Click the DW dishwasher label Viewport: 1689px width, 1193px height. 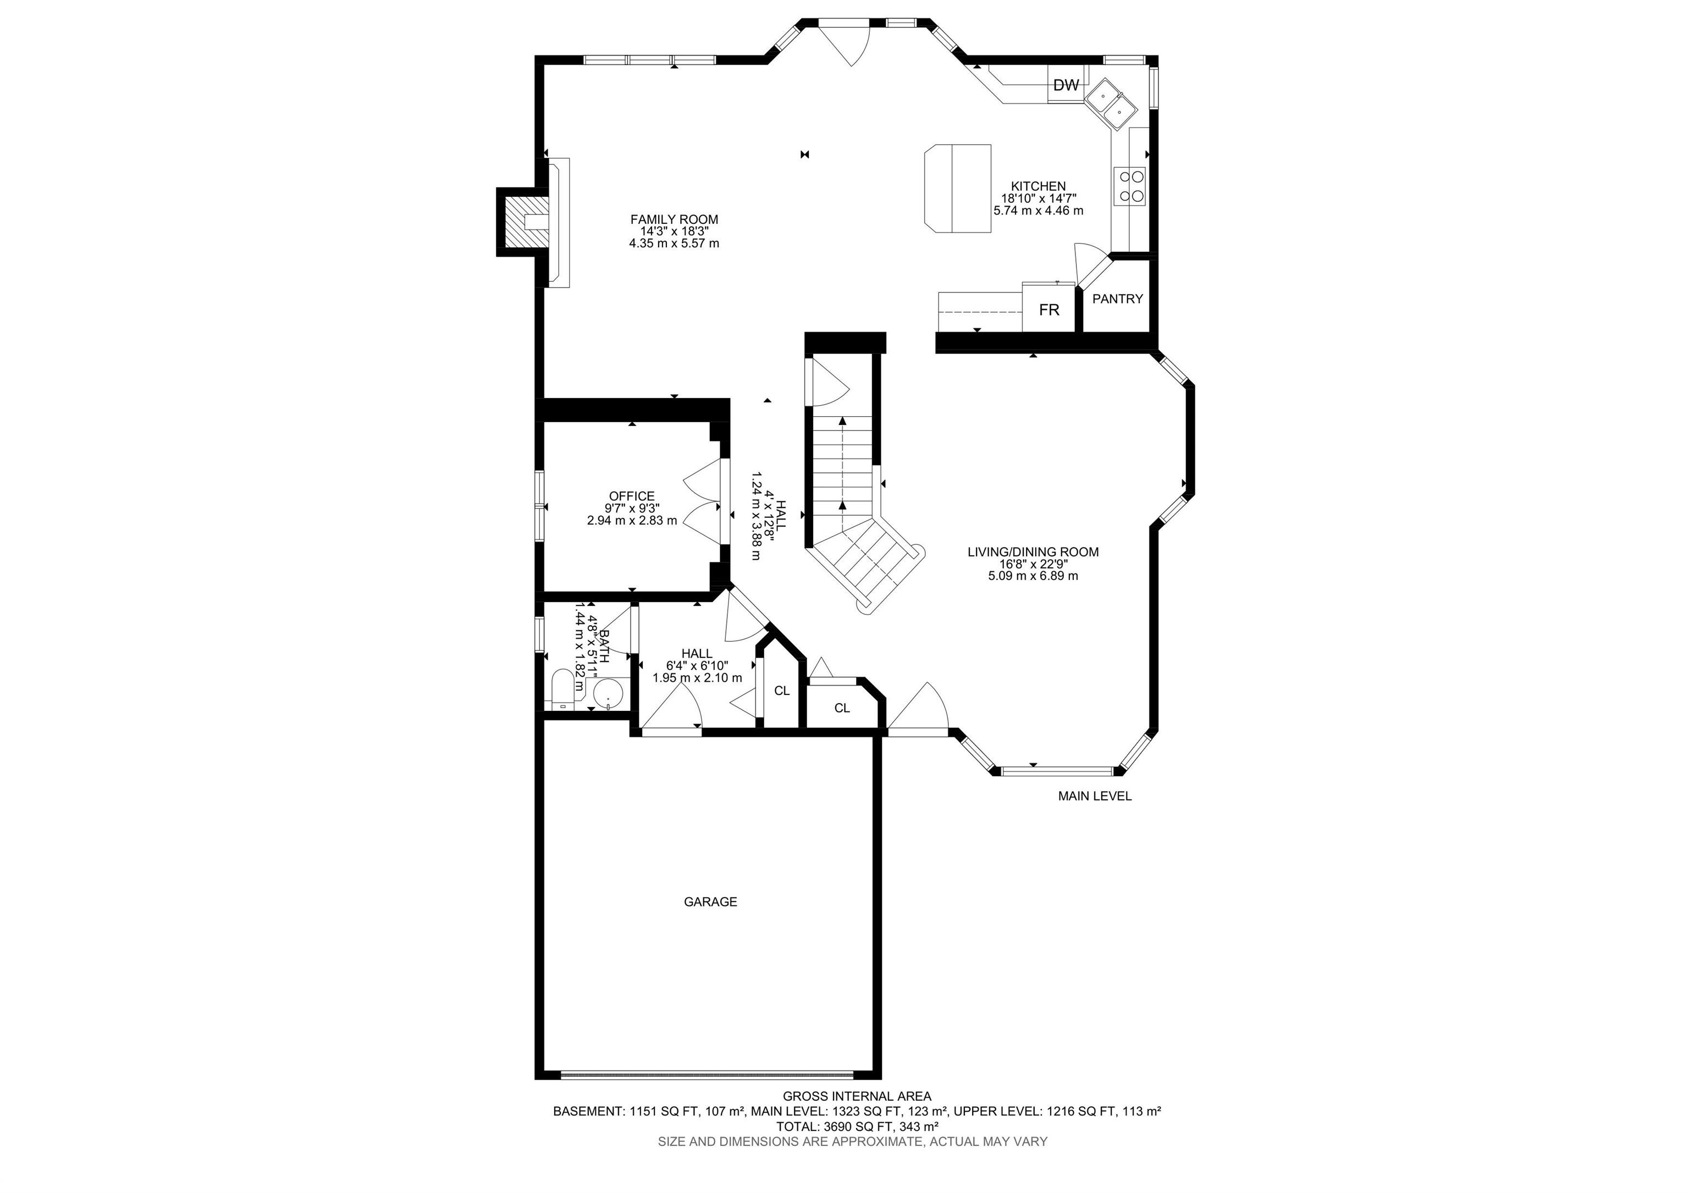pyautogui.click(x=1066, y=85)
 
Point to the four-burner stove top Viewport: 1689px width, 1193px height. pyautogui.click(x=1131, y=186)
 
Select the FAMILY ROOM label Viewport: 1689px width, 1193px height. pyautogui.click(x=674, y=219)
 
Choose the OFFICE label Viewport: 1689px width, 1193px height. pyautogui.click(x=631, y=496)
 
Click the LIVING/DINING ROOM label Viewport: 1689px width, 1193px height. pyautogui.click(x=1033, y=551)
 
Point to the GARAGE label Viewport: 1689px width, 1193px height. pyautogui.click(x=710, y=902)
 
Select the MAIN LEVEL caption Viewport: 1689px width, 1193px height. pyautogui.click(x=1095, y=796)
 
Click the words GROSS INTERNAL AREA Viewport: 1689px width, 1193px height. pyautogui.click(x=857, y=1096)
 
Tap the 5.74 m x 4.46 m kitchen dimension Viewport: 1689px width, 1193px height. pyautogui.click(x=1038, y=211)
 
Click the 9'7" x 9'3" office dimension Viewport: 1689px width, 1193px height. pyautogui.click(x=631, y=508)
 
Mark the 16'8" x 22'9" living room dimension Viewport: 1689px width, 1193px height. pyautogui.click(x=1033, y=564)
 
